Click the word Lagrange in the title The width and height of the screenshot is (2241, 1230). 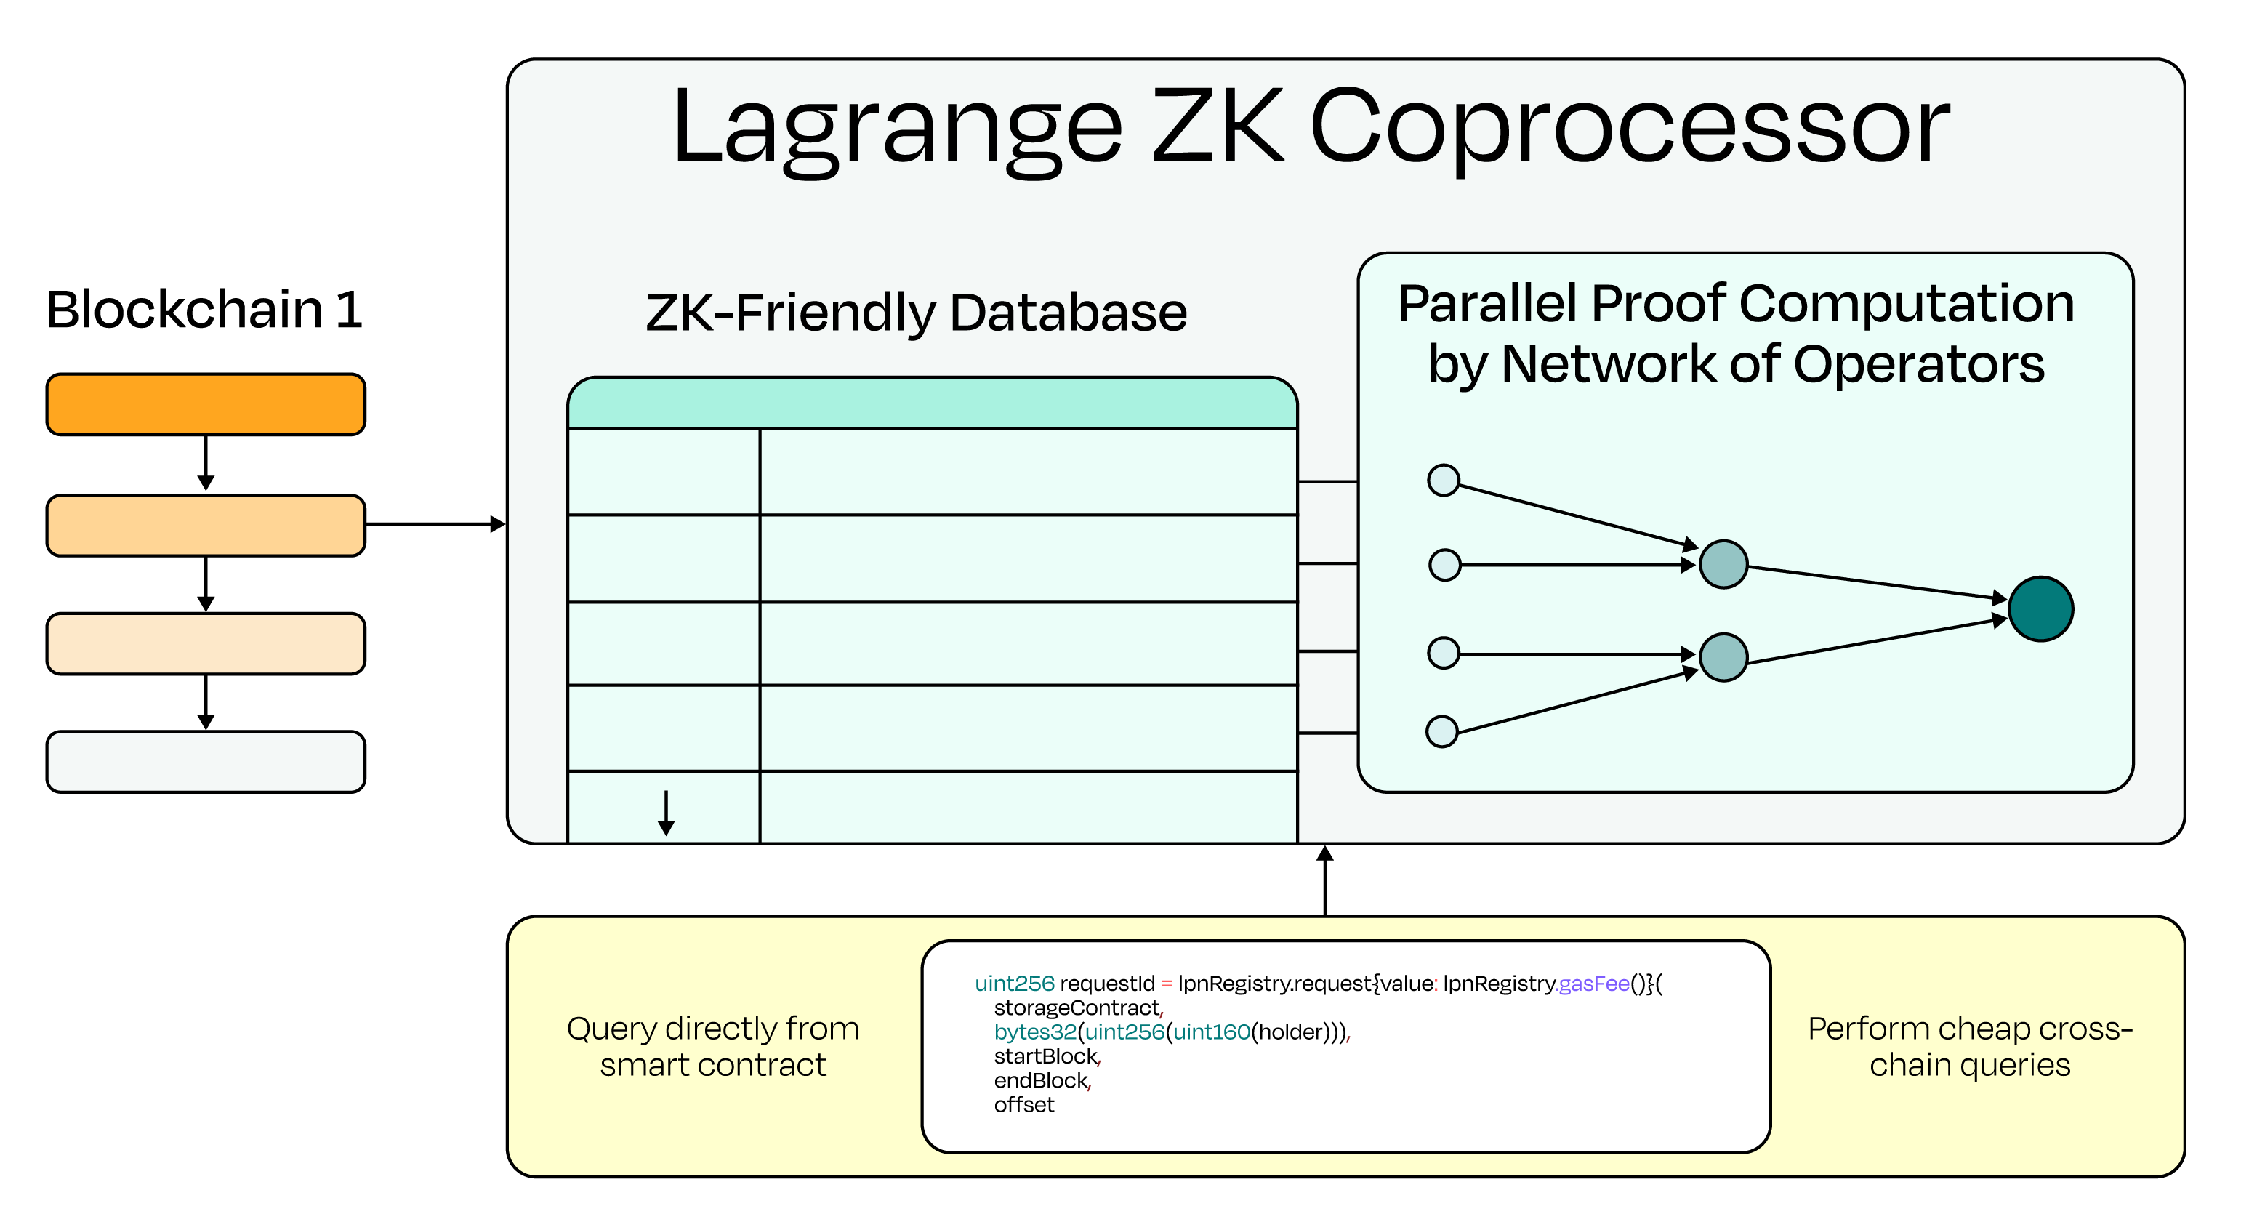point(897,129)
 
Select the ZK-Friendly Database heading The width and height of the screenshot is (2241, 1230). point(916,313)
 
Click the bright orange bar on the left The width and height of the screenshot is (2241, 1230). point(206,404)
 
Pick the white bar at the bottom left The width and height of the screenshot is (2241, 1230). point(206,762)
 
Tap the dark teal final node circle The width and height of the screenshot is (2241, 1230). point(2040,609)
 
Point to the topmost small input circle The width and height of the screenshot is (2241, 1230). point(1444,481)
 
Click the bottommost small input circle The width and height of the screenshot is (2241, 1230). point(1441,731)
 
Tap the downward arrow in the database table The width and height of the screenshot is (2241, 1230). point(667,813)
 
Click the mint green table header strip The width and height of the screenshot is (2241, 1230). point(932,403)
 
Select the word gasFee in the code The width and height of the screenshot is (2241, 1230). point(1594,984)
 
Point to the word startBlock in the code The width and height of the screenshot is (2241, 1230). point(1046,1057)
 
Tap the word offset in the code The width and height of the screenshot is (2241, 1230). point(1024,1105)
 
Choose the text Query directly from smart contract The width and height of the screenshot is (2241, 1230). point(712,1047)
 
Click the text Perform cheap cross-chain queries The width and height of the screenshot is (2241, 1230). point(1970,1047)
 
